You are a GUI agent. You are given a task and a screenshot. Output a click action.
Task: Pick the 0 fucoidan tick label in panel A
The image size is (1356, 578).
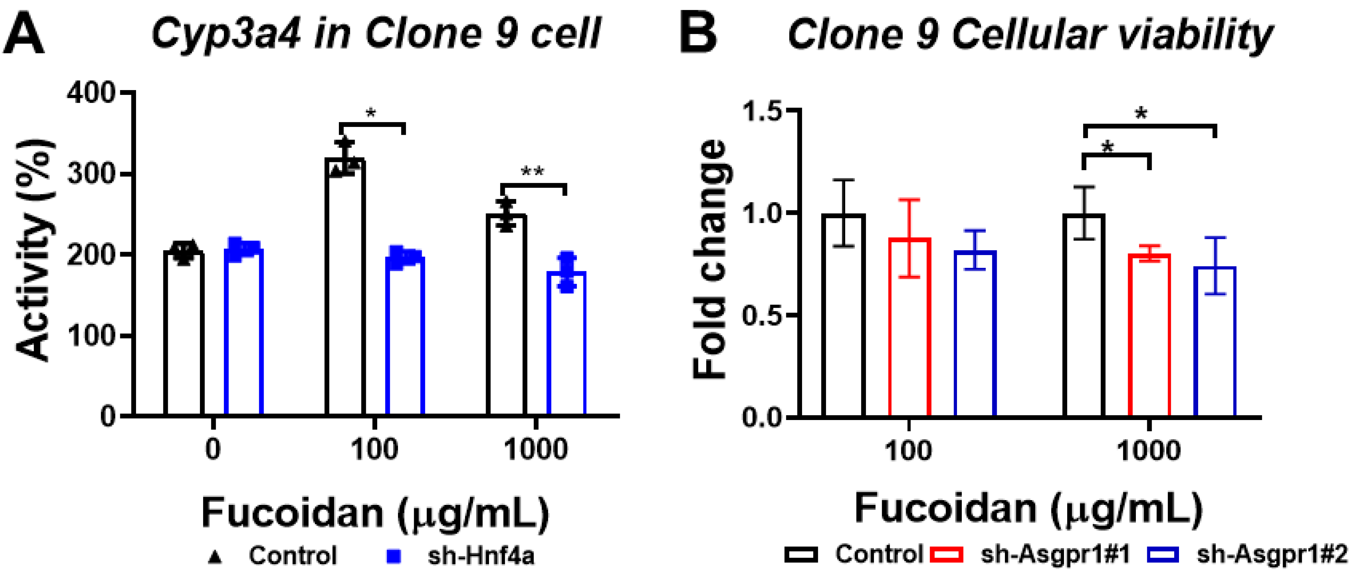pos(213,450)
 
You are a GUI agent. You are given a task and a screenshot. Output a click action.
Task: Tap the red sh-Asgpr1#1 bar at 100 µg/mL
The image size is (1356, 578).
pos(910,327)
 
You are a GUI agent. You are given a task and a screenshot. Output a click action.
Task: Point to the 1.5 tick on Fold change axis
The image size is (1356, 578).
pos(762,111)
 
